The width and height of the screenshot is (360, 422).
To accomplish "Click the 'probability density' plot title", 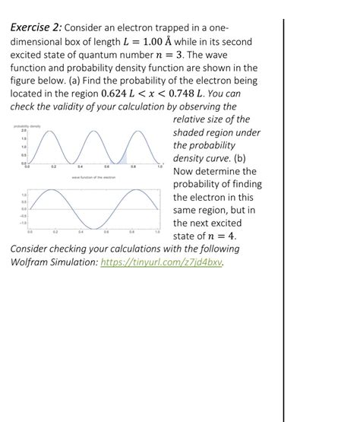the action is click(x=28, y=125).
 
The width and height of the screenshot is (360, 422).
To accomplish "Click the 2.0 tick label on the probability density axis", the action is click(x=13, y=131).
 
